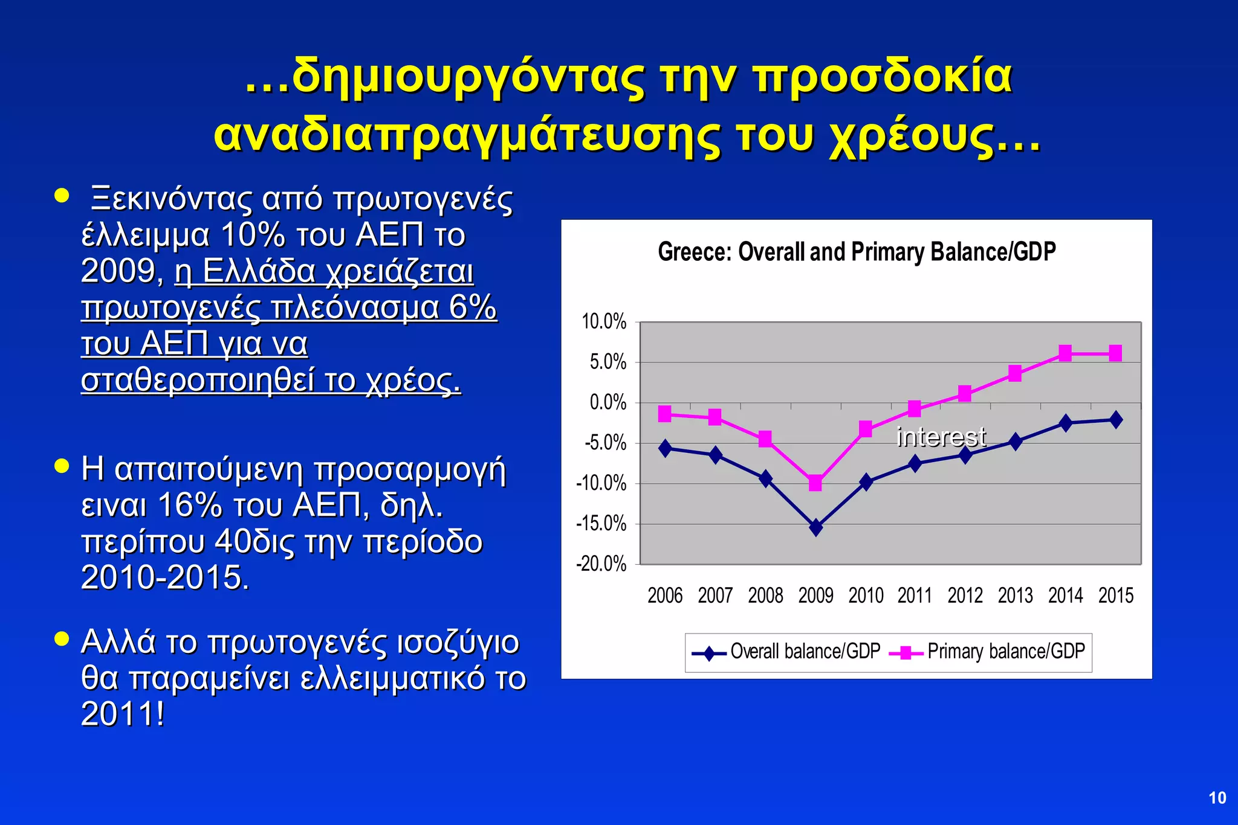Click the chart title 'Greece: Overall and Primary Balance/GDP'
coord(857,252)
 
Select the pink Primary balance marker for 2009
coord(815,483)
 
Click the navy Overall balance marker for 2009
coord(815,527)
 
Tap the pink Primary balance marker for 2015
coord(1115,353)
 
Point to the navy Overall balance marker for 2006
coord(665,448)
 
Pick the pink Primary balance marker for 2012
coord(965,394)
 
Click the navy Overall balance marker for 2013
coord(1016,441)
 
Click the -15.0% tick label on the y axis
coord(602,524)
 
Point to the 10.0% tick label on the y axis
coord(604,322)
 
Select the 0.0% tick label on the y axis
coord(608,402)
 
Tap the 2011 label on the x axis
coord(915,595)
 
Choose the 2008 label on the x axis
coord(765,595)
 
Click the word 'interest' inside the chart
coord(941,437)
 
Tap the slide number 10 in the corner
coord(1217,798)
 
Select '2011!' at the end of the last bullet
coord(123,714)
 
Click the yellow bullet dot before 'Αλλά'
coord(62,639)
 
